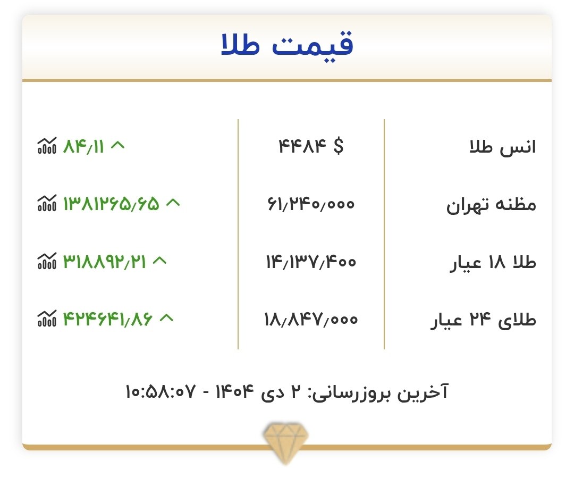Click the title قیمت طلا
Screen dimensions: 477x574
287,46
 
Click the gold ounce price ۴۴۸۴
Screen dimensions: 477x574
301,146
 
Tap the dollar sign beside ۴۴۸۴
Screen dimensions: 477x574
339,146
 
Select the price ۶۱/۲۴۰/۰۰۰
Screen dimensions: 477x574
311,204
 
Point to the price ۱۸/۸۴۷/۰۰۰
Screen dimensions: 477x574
311,319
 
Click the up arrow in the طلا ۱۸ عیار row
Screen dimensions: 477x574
160,261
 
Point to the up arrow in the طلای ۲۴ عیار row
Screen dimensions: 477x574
167,318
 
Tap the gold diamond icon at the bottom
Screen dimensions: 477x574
286,439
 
